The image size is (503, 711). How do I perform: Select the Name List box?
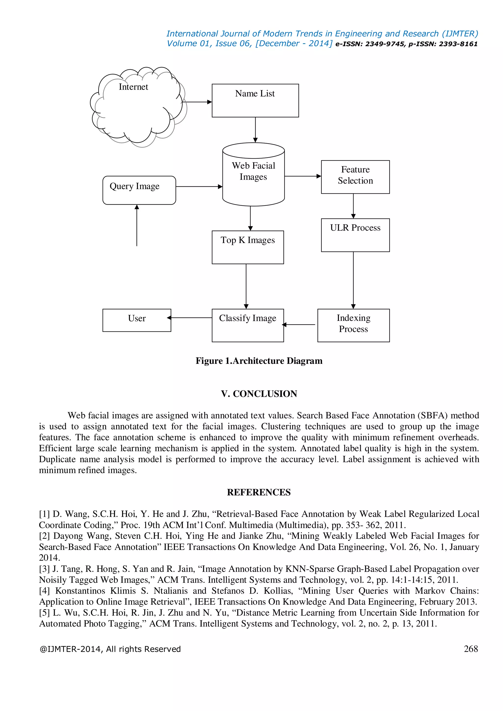[255, 101]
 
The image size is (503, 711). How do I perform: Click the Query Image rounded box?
[139, 190]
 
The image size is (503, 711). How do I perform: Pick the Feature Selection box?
[355, 177]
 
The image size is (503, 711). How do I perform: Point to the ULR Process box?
[355, 235]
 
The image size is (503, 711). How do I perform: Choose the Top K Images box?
[248, 247]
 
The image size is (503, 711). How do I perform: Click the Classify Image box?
[248, 325]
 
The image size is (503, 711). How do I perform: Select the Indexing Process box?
[353, 325]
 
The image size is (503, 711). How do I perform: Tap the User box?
[137, 320]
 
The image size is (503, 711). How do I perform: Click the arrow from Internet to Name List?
[197, 102]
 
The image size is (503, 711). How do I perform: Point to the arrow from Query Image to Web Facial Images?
[199, 186]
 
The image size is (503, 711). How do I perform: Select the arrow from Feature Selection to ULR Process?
[353, 206]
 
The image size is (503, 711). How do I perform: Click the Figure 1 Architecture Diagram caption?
[259, 361]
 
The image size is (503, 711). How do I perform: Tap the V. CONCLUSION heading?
[259, 394]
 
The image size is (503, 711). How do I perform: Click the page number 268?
[471, 648]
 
